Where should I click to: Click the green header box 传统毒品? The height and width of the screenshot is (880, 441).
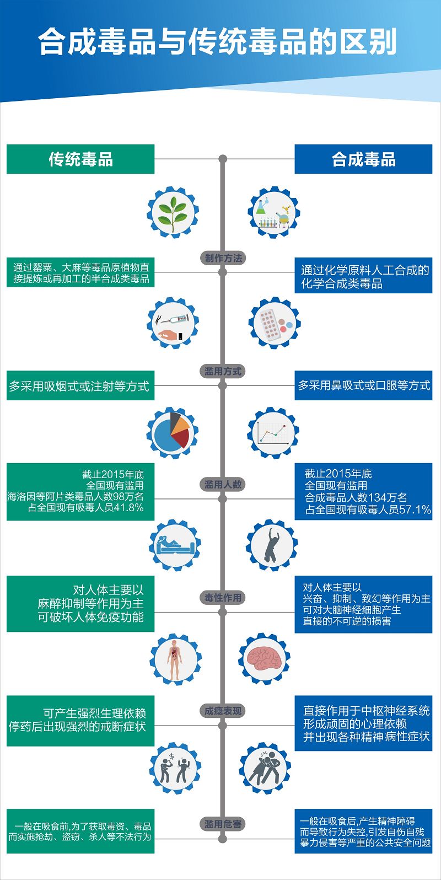80,159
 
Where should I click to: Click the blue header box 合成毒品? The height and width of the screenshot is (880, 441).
363,159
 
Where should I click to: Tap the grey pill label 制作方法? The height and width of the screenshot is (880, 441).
223,258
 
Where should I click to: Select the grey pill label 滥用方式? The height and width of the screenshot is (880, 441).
223,371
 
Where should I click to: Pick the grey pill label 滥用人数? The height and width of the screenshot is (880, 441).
223,485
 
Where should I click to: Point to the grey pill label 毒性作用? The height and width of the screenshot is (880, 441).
223,598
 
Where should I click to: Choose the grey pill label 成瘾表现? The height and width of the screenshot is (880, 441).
223,711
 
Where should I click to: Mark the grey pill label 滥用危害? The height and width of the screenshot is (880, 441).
223,824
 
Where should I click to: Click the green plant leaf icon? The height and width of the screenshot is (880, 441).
173,212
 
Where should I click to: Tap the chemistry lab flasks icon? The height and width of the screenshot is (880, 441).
274,212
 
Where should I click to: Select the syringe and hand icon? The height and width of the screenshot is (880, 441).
173,323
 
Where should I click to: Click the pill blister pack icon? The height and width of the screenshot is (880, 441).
275,323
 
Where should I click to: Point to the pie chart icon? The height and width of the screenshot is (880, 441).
173,433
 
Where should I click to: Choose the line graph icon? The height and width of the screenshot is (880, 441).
273,433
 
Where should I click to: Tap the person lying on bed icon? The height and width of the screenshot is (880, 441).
175,545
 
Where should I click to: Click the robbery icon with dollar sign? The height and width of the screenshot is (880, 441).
175,768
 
